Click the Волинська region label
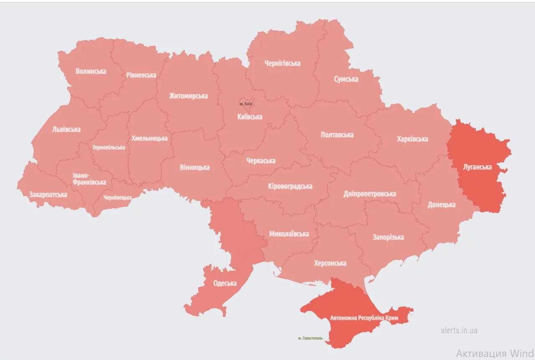click(x=91, y=71)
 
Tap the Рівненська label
click(x=141, y=75)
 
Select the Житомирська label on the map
click(x=188, y=96)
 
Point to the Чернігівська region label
click(x=282, y=63)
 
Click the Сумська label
click(x=346, y=79)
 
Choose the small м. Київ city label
click(x=246, y=104)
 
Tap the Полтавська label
click(x=337, y=135)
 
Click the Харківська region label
click(x=412, y=139)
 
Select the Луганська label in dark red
click(x=477, y=167)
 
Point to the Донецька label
click(x=441, y=205)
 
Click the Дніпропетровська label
click(x=369, y=194)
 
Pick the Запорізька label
click(x=388, y=237)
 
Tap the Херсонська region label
click(x=330, y=263)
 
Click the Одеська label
click(x=225, y=283)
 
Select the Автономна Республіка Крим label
click(x=364, y=318)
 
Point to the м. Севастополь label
click(x=310, y=338)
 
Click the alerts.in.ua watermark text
click(x=459, y=330)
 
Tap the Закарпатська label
click(x=48, y=194)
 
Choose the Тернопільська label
click(x=108, y=148)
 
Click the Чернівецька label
click(x=118, y=197)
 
